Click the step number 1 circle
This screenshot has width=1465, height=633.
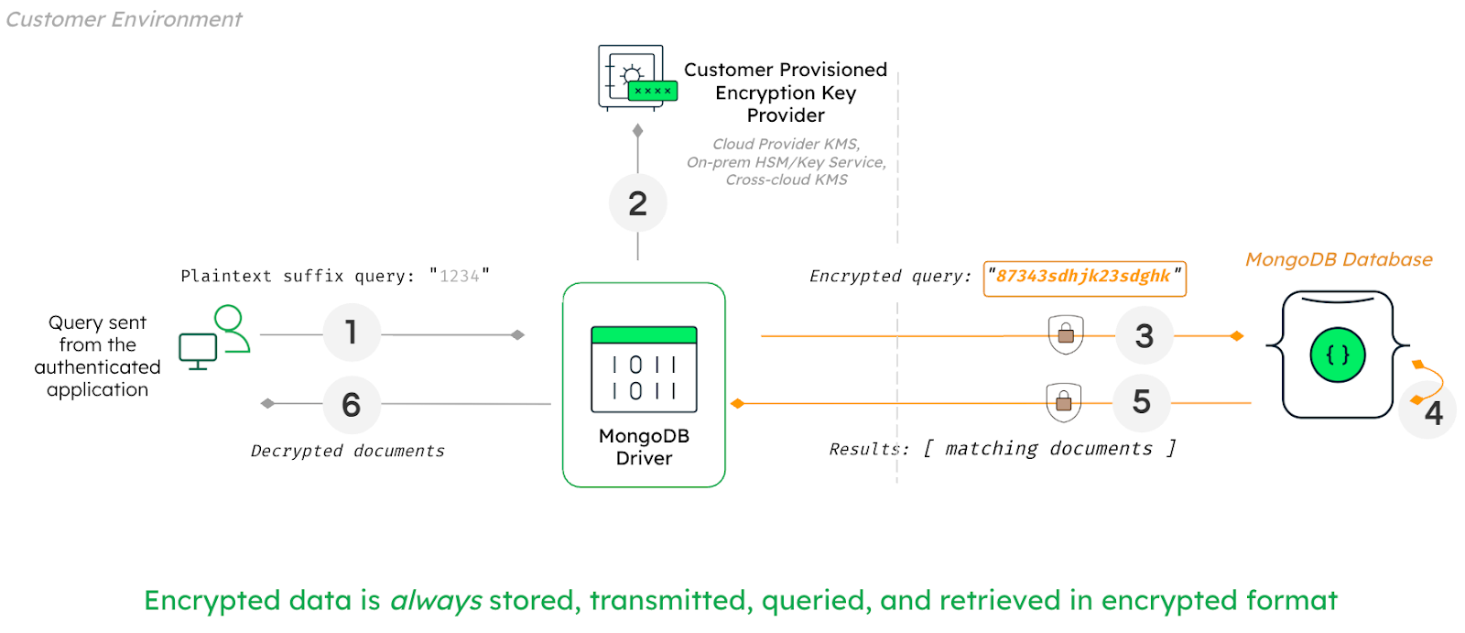tap(352, 333)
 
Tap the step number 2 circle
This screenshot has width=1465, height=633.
tap(637, 203)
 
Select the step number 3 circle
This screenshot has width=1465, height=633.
tap(1144, 336)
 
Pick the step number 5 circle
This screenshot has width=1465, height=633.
tap(1141, 402)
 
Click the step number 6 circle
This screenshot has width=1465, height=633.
tap(352, 404)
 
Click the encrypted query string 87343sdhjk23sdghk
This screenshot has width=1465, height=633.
tap(1083, 277)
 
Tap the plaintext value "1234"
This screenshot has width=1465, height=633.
tap(459, 276)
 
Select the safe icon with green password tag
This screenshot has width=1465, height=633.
tap(634, 78)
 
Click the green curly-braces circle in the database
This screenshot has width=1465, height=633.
tap(1337, 355)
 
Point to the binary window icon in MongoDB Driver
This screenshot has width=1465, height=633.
tap(644, 370)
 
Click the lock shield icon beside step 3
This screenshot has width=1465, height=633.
tap(1065, 334)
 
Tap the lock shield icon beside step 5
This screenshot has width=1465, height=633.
tap(1063, 401)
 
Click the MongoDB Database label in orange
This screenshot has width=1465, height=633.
tap(1338, 260)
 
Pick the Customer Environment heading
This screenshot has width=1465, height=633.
tap(124, 19)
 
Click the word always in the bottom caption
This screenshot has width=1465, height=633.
tap(436, 601)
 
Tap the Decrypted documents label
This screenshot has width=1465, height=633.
tap(347, 451)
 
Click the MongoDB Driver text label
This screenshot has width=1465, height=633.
tap(644, 447)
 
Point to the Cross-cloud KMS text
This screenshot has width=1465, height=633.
tap(787, 180)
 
